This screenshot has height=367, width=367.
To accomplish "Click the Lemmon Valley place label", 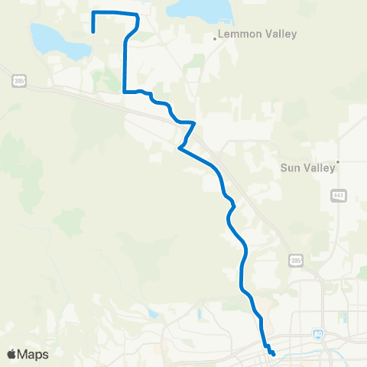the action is [246, 34].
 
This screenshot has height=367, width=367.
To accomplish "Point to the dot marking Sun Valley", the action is [336, 161].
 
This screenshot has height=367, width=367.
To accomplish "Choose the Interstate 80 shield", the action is [317, 334].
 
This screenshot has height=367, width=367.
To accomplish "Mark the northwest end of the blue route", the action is [93, 31].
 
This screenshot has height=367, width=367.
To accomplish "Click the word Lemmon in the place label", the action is [235, 34].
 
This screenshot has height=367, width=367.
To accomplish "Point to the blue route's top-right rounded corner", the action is [137, 17].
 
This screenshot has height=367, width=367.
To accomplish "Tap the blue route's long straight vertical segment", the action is [124, 65].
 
